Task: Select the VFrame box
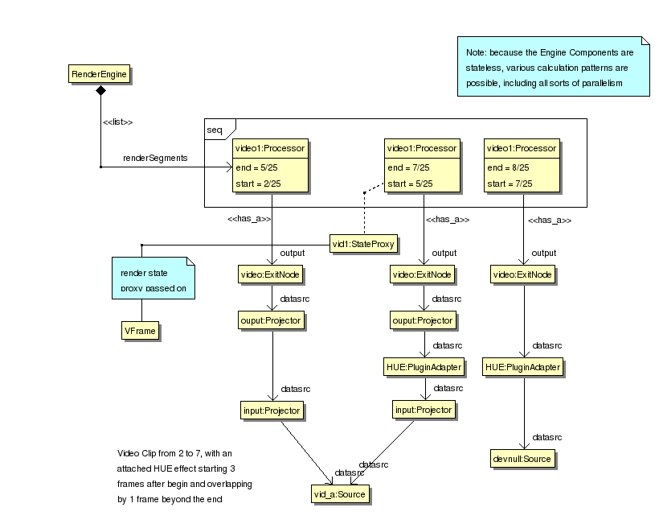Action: click(139, 329)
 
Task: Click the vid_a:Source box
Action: click(341, 493)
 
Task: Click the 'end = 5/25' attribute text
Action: click(255, 167)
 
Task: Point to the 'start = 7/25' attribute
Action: click(509, 184)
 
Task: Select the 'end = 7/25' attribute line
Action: click(408, 167)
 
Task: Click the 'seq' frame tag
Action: click(215, 129)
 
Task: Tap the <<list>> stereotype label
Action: click(117, 122)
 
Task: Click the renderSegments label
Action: click(155, 158)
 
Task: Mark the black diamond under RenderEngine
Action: click(100, 92)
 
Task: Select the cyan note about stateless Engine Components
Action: click(553, 68)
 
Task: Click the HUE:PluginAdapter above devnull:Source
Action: click(522, 367)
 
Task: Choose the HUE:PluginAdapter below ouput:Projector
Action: click(424, 367)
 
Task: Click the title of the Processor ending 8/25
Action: click(522, 148)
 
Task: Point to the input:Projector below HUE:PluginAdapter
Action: click(424, 410)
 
